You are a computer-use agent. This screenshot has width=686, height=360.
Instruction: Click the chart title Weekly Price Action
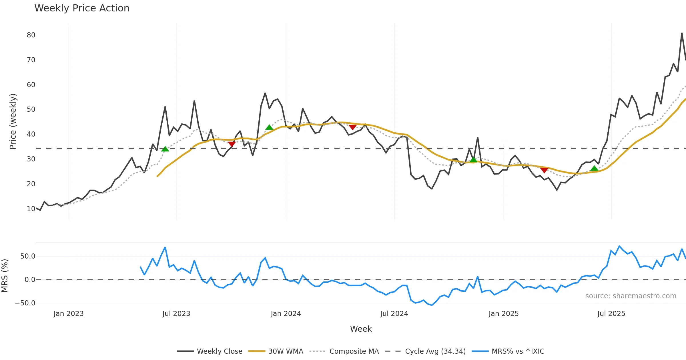[x=82, y=8]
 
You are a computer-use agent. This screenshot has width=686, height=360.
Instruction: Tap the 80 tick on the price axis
[x=31, y=35]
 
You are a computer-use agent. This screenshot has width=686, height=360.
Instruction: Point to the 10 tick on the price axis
[x=31, y=209]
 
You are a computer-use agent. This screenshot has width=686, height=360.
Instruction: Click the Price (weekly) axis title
[x=13, y=121]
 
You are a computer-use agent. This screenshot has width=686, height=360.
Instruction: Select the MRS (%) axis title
[x=5, y=276]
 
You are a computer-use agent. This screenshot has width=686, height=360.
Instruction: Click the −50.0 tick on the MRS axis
[x=25, y=303]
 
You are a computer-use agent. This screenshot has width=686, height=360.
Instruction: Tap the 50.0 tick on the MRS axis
[x=28, y=256]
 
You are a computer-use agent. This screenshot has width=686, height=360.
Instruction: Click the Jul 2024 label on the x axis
[x=394, y=314]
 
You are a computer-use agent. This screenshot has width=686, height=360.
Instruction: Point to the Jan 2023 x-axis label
[x=69, y=314]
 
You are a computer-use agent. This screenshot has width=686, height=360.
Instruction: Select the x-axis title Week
[x=361, y=329]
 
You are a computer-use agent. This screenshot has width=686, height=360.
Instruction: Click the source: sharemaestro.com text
[x=631, y=296]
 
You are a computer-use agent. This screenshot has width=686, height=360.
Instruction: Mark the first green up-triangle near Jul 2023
[x=165, y=149]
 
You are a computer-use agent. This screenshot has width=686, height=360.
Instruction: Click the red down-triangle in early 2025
[x=544, y=171]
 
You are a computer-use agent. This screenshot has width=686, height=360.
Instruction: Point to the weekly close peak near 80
[x=682, y=33]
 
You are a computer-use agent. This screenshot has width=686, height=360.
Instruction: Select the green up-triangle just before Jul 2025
[x=594, y=169]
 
